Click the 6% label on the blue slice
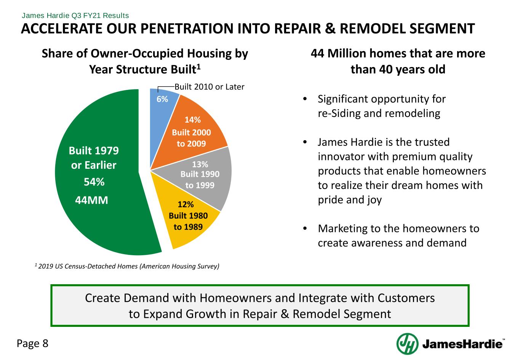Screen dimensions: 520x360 click(162, 99)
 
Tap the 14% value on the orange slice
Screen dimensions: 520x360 click(192, 120)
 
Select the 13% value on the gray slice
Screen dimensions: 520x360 click(200, 164)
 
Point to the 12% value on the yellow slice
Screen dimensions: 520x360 click(186, 204)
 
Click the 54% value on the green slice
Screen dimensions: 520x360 click(94, 182)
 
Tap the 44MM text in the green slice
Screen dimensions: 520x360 click(91, 200)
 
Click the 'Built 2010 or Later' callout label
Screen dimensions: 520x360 click(210, 87)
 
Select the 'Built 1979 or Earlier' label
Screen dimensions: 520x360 click(94, 158)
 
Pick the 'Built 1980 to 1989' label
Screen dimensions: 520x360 click(188, 221)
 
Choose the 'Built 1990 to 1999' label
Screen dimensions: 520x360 click(200, 180)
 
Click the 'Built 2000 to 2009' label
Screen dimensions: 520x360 click(191, 138)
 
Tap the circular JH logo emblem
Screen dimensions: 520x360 click(407, 344)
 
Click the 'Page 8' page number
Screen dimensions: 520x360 click(32, 344)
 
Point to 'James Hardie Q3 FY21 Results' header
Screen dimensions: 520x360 click(75, 16)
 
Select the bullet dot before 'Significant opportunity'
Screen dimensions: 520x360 click(305, 99)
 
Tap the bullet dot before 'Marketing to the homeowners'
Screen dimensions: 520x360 click(305, 229)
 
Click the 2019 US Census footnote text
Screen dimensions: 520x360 click(127, 266)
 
